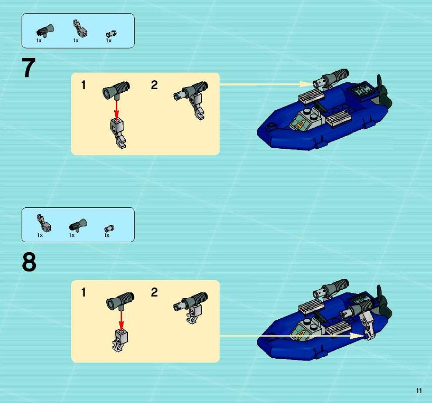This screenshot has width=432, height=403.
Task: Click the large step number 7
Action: pyautogui.click(x=28, y=68)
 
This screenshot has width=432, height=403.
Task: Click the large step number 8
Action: pyautogui.click(x=29, y=262)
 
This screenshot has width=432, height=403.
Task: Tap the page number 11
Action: pyautogui.click(x=419, y=390)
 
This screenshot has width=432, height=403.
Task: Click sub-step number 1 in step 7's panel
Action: pyautogui.click(x=83, y=85)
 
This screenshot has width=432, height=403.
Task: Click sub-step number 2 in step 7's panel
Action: pyautogui.click(x=154, y=85)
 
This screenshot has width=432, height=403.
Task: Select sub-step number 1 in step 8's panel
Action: pyautogui.click(x=83, y=292)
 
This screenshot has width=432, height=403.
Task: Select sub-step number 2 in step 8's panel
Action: pyautogui.click(x=154, y=292)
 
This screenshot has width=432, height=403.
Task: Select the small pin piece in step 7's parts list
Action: pyautogui.click(x=111, y=34)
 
